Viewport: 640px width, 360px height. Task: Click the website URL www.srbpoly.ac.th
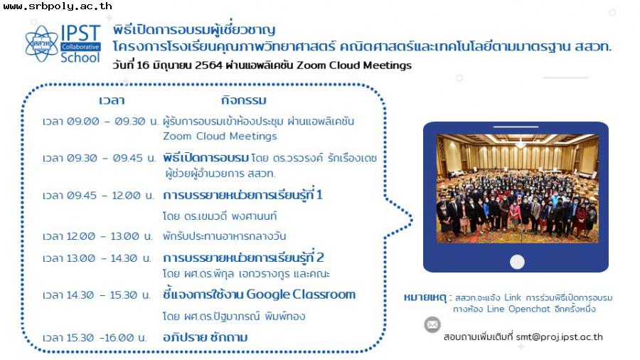(x=58, y=6)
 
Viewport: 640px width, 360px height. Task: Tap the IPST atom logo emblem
(x=42, y=43)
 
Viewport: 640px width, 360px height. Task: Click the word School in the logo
(x=80, y=58)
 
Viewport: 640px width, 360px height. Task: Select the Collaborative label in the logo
(x=80, y=46)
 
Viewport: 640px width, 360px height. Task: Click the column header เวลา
(x=112, y=100)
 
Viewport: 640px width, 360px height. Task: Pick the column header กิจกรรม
(x=244, y=100)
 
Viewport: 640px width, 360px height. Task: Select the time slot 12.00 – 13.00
(x=103, y=236)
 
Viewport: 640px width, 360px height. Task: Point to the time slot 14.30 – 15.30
(x=102, y=295)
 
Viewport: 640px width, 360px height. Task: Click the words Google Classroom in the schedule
(x=301, y=295)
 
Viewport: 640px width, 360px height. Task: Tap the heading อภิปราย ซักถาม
(x=206, y=337)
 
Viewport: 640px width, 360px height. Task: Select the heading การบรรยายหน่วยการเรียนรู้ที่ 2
(x=244, y=258)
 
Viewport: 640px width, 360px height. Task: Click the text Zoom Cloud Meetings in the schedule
(x=220, y=136)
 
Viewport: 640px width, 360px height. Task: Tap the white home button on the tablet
(x=517, y=262)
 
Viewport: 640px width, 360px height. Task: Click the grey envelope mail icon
(x=432, y=324)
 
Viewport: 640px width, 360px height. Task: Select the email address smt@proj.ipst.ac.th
(x=559, y=337)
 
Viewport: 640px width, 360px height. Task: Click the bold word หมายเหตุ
(x=425, y=297)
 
